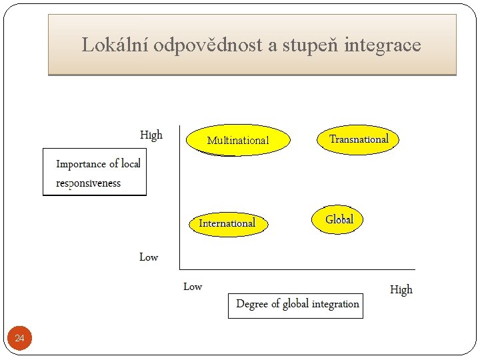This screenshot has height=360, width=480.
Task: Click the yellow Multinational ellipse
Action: click(x=238, y=140)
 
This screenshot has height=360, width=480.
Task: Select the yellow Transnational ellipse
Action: click(x=359, y=139)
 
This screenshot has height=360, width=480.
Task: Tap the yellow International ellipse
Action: click(x=227, y=223)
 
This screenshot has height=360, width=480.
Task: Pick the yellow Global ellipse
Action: click(x=339, y=219)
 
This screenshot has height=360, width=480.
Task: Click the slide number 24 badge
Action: click(x=19, y=339)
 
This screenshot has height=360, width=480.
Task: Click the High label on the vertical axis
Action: click(x=151, y=135)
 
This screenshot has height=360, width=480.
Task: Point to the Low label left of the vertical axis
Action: click(x=149, y=257)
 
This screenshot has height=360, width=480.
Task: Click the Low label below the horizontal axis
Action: click(x=193, y=287)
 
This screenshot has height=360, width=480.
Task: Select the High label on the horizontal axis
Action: click(x=401, y=289)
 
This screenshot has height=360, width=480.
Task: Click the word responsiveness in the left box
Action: click(x=89, y=183)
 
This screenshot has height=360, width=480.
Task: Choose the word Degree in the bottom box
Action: click(x=252, y=304)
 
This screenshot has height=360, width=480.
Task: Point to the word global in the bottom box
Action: click(x=295, y=304)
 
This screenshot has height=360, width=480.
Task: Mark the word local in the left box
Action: click(x=131, y=163)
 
